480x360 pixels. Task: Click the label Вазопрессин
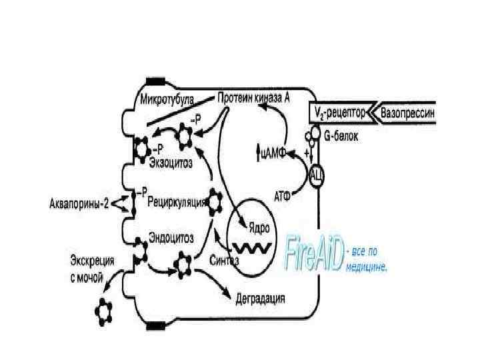tap(407, 113)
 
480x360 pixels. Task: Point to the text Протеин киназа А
tap(253, 97)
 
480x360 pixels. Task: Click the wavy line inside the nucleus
tap(251, 247)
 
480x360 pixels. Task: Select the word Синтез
tap(223, 259)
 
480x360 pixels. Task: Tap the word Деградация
tap(261, 297)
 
